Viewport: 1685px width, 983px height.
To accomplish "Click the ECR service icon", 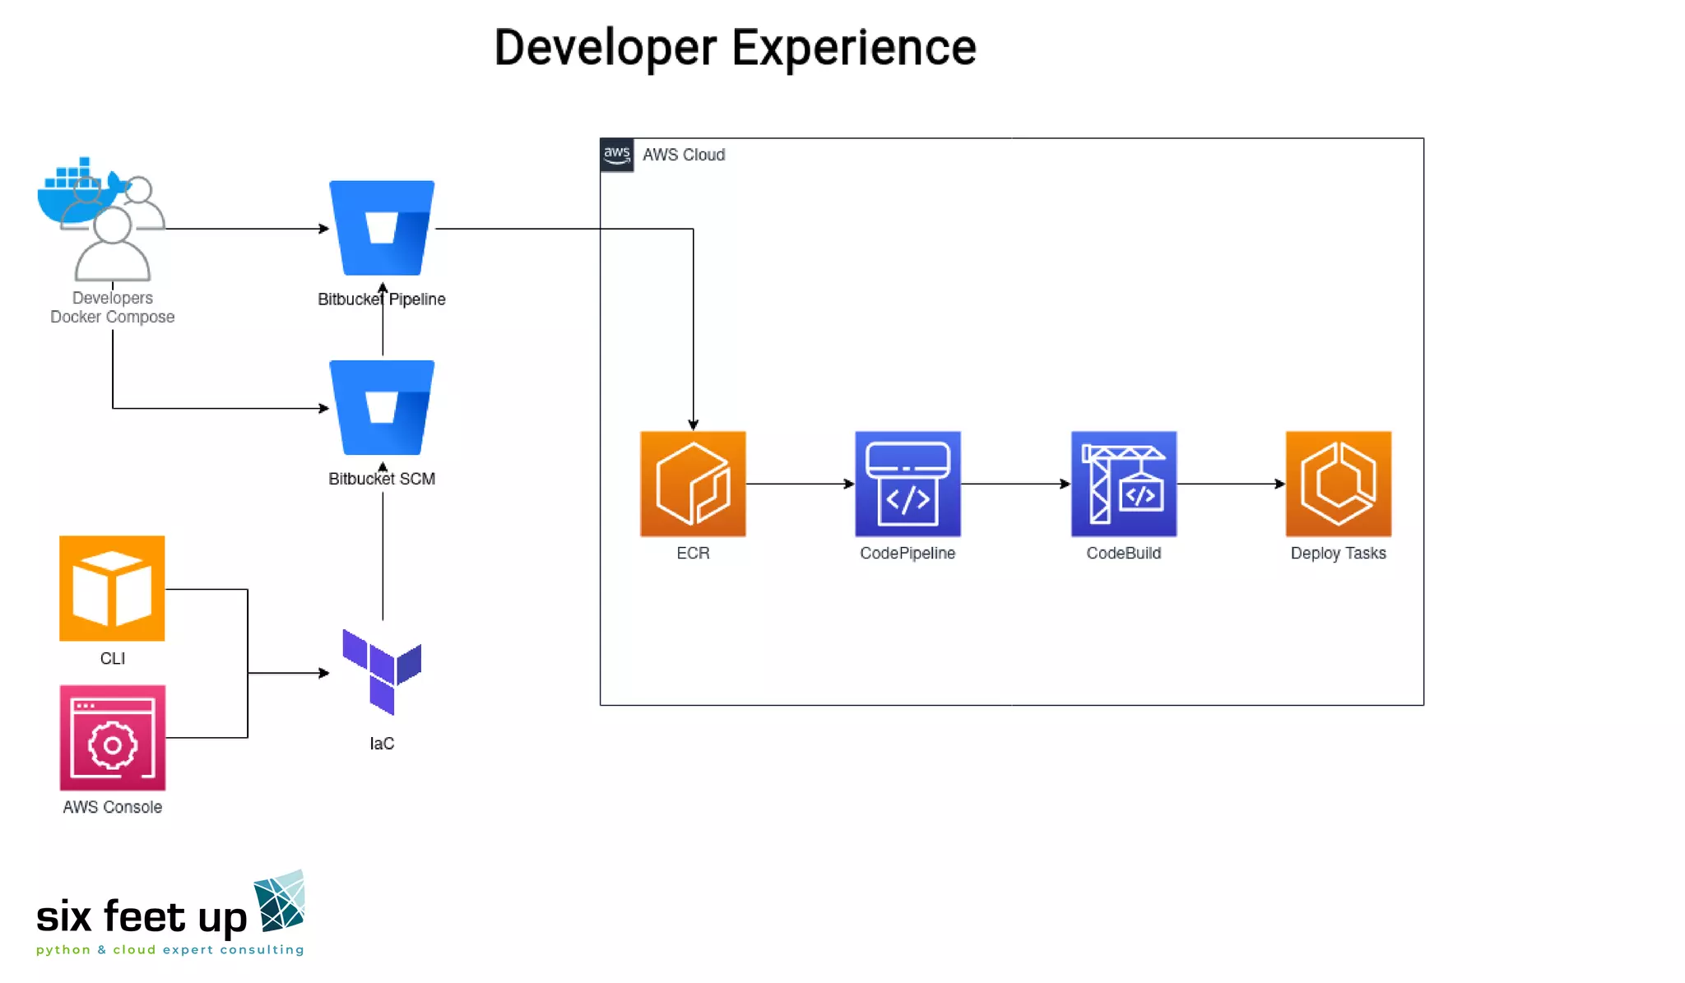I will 693,484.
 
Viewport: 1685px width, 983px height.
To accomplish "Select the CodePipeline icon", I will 907,484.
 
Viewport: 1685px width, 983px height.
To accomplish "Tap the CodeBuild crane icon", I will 1123,484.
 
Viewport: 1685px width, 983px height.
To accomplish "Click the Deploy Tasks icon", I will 1338,484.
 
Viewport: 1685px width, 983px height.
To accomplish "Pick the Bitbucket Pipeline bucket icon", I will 382,228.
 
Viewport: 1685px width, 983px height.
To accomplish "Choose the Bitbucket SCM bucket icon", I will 382,407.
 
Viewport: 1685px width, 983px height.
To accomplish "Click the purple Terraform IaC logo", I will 382,671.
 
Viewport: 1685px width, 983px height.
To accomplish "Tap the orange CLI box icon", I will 112,588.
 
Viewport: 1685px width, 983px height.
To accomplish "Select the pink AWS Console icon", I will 112,738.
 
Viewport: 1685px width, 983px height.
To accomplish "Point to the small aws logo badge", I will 616,155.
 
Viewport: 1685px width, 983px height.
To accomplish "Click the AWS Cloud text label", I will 683,155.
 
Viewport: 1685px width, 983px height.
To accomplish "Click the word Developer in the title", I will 605,48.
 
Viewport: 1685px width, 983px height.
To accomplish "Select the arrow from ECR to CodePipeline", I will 800,484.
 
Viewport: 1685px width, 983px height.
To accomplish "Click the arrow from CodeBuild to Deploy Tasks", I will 1231,484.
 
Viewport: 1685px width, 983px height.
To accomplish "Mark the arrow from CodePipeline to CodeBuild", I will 1015,484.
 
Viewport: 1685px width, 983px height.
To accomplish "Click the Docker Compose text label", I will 112,317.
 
